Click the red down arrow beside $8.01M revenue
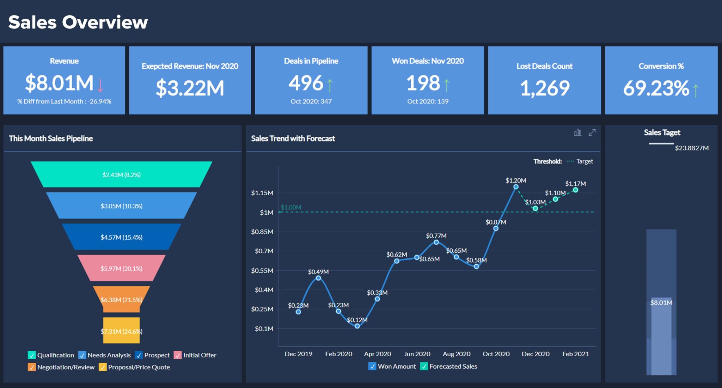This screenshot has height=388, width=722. click(100, 85)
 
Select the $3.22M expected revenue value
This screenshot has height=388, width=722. click(190, 88)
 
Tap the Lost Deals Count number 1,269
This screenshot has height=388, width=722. click(544, 88)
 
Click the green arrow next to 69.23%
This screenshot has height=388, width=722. click(696, 90)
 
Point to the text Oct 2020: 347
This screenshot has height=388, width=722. click(311, 101)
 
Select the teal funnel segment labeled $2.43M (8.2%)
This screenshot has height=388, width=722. click(121, 174)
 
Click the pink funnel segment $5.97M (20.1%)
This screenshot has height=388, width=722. click(121, 268)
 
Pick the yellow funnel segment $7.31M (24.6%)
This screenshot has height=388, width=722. click(121, 331)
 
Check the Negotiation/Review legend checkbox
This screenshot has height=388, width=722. click(32, 367)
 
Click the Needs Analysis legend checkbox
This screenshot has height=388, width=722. click(82, 355)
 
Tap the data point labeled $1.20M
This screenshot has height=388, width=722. click(516, 187)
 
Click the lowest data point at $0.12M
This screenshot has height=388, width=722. click(357, 326)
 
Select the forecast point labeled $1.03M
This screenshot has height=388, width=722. click(535, 208)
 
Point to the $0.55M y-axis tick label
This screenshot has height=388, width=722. click(262, 271)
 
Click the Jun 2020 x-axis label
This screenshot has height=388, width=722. click(417, 354)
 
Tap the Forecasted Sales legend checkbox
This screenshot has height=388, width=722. click(424, 367)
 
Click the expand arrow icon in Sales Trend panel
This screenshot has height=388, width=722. click(592, 133)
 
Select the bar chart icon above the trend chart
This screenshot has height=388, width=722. click(577, 133)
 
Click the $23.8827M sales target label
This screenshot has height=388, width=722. click(691, 148)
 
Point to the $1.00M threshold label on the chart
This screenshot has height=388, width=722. click(291, 207)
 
